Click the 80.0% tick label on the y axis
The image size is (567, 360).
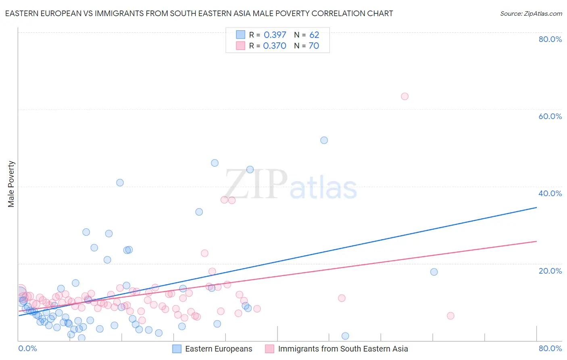pyautogui.click(x=550, y=39)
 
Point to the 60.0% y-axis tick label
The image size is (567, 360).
pyautogui.click(x=550, y=116)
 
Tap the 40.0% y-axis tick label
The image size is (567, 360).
pyautogui.click(x=550, y=193)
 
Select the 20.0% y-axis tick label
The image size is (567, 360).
pyautogui.click(x=550, y=270)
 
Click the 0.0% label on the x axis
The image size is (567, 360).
pyautogui.click(x=27, y=348)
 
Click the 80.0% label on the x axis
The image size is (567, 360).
pyautogui.click(x=550, y=348)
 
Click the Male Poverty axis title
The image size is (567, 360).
pyautogui.click(x=11, y=184)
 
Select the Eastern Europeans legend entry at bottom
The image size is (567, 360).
pyautogui.click(x=218, y=349)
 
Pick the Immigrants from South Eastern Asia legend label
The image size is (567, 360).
pyautogui.click(x=343, y=349)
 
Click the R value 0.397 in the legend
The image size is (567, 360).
pyautogui.click(x=275, y=35)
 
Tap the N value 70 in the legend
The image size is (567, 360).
pyautogui.click(x=314, y=46)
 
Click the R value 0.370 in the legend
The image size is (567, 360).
pyautogui.click(x=275, y=46)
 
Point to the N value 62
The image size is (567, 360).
pyautogui.click(x=314, y=35)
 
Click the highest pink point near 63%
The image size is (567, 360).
pyautogui.click(x=404, y=96)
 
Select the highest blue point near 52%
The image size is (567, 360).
pyautogui.click(x=324, y=140)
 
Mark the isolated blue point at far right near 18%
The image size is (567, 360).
pyautogui.click(x=434, y=272)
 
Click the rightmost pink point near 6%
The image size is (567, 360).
pyautogui.click(x=450, y=316)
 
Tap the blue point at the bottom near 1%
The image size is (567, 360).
pyautogui.click(x=345, y=336)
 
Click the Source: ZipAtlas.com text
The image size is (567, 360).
pyautogui.click(x=531, y=13)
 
